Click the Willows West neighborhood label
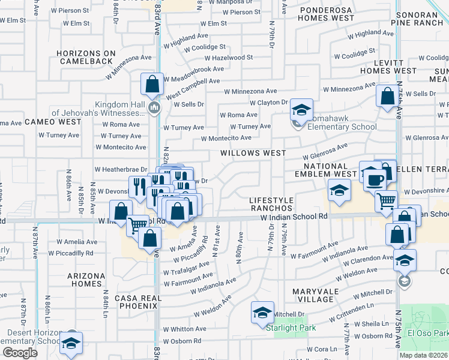point(253,153)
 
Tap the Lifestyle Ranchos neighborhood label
point(271,204)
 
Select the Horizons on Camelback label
point(85,57)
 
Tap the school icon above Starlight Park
point(262,313)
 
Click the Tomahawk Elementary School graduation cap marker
point(301,110)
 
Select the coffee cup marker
point(376,179)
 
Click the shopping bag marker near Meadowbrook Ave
point(152,85)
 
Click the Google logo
point(20,353)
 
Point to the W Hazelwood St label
point(229,58)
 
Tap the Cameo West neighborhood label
point(53,122)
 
